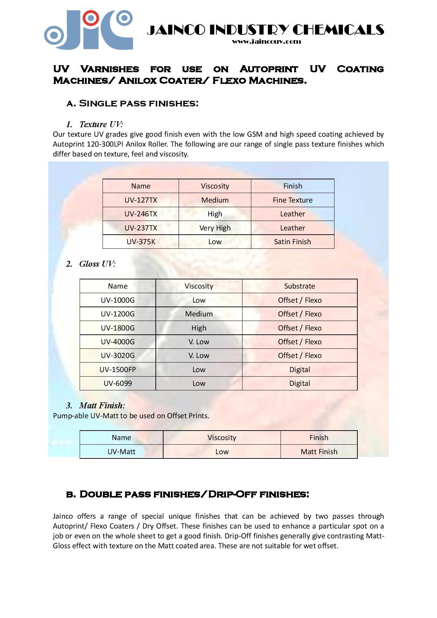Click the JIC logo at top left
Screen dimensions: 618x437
pyautogui.click(x=88, y=30)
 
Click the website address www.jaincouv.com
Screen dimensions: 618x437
pyautogui.click(x=266, y=42)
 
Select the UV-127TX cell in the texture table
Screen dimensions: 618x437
pyautogui.click(x=141, y=200)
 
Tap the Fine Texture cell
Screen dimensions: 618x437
pyautogui.click(x=293, y=200)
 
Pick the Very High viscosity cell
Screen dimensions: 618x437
pyautogui.click(x=215, y=228)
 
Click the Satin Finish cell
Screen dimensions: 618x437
pyautogui.click(x=293, y=242)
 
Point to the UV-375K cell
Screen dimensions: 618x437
pyautogui.click(x=141, y=242)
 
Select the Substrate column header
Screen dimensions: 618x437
pyautogui.click(x=300, y=286)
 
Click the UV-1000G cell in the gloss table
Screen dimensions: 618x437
pyautogui.click(x=118, y=300)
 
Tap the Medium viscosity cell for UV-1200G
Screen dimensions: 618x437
pyautogui.click(x=199, y=314)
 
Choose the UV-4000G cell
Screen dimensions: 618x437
pyautogui.click(x=118, y=342)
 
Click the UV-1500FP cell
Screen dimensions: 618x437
pyautogui.click(x=118, y=370)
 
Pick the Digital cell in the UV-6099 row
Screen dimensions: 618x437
pyautogui.click(x=300, y=383)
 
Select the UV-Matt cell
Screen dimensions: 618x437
pyautogui.click(x=121, y=452)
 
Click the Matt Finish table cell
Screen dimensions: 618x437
pyautogui.click(x=319, y=452)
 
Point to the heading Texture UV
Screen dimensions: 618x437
pyautogui.click(x=101, y=124)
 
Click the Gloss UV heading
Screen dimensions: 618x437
pyautogui.click(x=97, y=264)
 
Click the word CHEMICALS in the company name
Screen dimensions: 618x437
pyautogui.click(x=338, y=30)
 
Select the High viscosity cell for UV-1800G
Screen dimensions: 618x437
pyautogui.click(x=199, y=328)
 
